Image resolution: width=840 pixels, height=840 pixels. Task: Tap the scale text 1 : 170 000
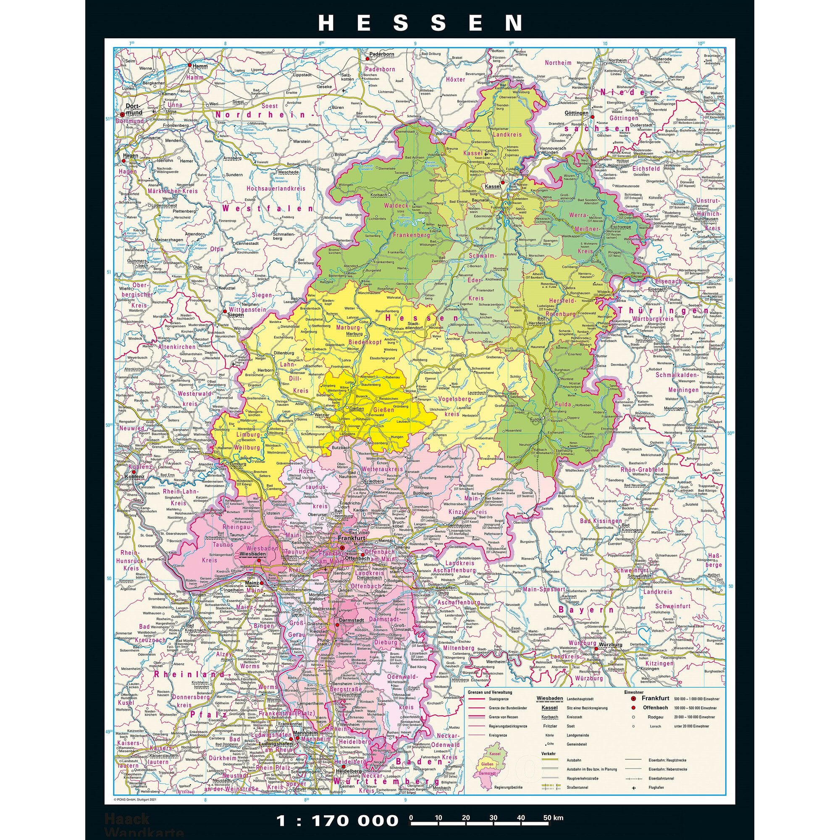click(337, 820)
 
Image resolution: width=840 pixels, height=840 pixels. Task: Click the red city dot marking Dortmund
click(122, 115)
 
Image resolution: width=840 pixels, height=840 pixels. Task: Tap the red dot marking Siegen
click(225, 311)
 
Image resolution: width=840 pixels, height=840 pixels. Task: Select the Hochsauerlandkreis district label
click(276, 188)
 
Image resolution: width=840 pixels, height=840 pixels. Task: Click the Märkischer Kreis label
click(172, 190)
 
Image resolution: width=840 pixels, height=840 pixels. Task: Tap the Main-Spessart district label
click(543, 590)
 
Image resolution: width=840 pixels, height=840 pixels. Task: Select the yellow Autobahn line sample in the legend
click(549, 760)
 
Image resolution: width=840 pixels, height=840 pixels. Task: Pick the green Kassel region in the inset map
click(495, 753)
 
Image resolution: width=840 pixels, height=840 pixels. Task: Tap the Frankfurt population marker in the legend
click(633, 698)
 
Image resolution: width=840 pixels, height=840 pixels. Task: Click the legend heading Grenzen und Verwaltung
click(490, 692)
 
